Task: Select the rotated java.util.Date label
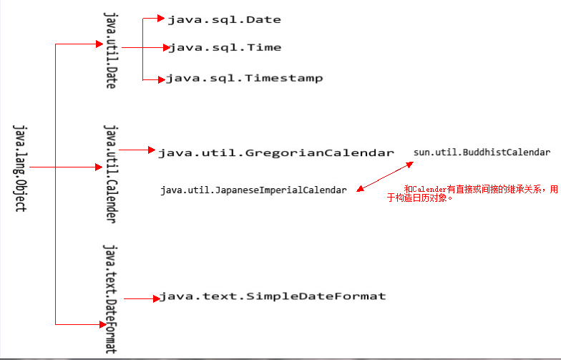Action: [109, 49]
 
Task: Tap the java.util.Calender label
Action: [109, 172]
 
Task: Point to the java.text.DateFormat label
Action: [109, 298]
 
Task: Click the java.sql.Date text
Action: [224, 19]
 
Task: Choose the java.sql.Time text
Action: [224, 48]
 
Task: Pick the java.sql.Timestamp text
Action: [244, 78]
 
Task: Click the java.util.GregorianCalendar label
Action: [275, 152]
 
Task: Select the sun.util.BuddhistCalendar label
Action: [482, 152]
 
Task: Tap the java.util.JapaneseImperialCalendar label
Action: [253, 190]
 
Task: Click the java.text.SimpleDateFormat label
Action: [272, 296]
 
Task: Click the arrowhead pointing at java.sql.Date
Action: [161, 19]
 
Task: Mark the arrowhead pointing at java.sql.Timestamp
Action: [161, 79]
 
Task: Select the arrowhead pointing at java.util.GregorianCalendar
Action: [151, 150]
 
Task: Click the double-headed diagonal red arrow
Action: [385, 177]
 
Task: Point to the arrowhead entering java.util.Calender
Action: [99, 167]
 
